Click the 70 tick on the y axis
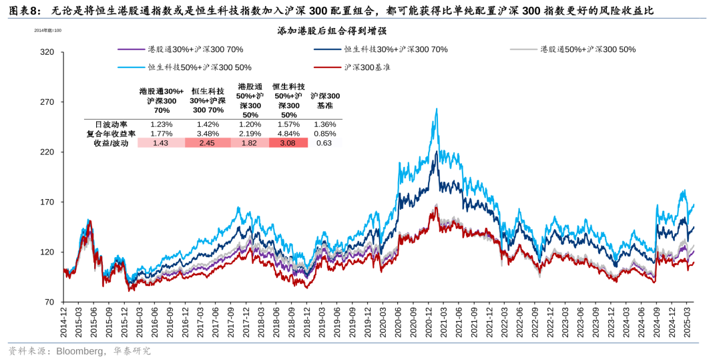pos(49,303)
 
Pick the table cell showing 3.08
pos(288,143)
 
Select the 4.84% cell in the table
pos(288,134)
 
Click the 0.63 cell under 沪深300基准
pos(324,143)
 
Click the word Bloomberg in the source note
pos(79,351)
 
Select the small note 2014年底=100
pos(47,30)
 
